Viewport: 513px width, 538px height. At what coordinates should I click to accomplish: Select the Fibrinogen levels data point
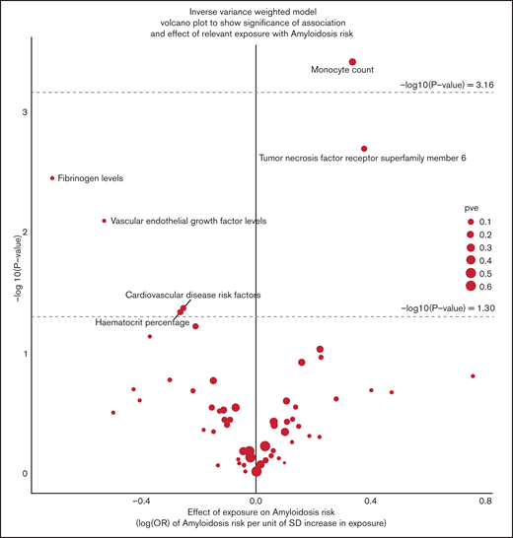point(51,178)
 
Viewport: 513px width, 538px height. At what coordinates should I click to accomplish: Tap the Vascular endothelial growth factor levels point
point(105,221)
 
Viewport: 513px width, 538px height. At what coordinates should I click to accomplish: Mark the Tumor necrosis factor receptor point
point(364,149)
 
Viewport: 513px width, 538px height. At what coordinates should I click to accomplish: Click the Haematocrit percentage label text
point(141,322)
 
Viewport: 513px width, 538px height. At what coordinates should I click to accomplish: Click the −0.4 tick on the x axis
point(141,501)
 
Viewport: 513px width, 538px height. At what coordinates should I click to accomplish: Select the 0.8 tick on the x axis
point(484,501)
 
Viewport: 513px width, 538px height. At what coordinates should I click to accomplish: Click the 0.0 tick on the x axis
point(256,501)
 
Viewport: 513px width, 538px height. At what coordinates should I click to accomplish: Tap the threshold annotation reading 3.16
point(447,86)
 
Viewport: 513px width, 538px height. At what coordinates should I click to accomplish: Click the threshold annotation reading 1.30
point(447,308)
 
